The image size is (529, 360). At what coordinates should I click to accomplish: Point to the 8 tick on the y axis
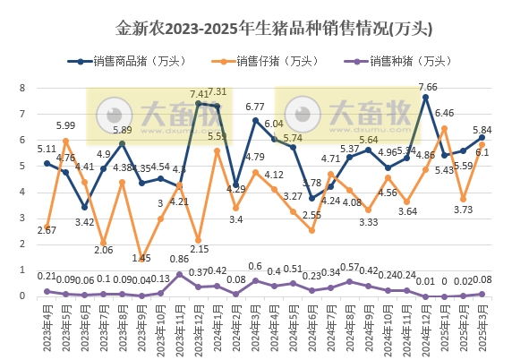(x=27, y=88)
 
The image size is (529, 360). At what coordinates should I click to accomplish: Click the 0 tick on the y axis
(x=27, y=296)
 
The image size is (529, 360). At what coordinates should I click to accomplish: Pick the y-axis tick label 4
(x=27, y=193)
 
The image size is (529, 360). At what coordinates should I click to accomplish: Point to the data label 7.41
(x=200, y=93)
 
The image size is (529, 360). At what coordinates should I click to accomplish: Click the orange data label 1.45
(x=141, y=258)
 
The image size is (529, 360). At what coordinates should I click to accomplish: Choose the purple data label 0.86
(x=180, y=259)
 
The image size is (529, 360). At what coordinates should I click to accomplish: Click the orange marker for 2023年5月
(x=65, y=141)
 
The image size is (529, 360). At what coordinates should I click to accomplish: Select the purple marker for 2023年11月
(x=180, y=274)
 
